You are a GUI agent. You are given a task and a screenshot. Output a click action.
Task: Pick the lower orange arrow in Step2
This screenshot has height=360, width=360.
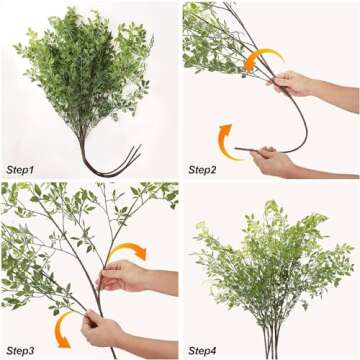227,141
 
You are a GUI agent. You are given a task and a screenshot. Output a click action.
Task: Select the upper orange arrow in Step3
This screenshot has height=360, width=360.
127,252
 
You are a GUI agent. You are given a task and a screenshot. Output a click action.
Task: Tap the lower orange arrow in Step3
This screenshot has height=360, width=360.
65,326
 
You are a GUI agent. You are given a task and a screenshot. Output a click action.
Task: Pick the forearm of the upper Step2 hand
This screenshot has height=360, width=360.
335,95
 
